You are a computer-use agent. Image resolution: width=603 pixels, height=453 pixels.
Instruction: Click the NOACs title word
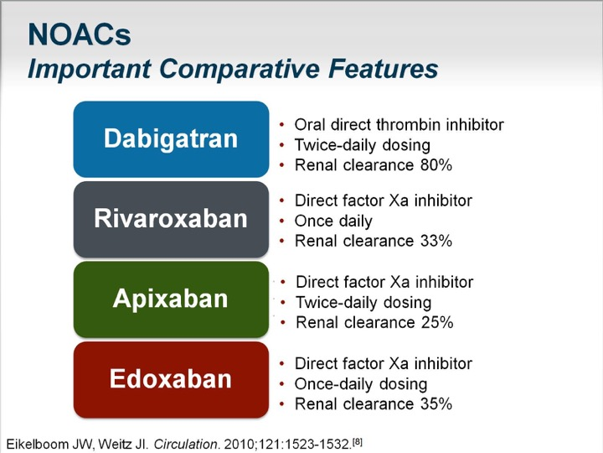point(80,34)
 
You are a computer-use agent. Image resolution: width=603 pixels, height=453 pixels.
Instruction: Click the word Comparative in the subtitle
point(239,69)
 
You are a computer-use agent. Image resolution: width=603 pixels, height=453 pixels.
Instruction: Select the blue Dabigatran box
point(171,139)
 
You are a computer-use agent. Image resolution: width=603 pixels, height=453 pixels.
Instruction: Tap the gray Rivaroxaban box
point(171,219)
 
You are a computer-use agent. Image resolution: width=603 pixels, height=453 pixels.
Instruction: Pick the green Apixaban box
point(171,299)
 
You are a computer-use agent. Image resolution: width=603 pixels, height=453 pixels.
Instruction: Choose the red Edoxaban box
point(171,379)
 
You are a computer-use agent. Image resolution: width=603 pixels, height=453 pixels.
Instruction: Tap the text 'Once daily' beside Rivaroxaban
point(333,221)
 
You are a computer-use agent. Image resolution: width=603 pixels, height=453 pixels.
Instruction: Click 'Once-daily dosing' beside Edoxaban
point(361,384)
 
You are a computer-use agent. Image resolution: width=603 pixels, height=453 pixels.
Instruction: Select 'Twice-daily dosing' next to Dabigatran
point(363,145)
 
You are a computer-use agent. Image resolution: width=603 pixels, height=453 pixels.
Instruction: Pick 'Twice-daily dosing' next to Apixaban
point(363,303)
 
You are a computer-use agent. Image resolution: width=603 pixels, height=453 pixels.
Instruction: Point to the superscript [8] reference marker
point(358,441)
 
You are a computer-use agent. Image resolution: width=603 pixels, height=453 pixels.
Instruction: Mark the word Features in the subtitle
point(384,69)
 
